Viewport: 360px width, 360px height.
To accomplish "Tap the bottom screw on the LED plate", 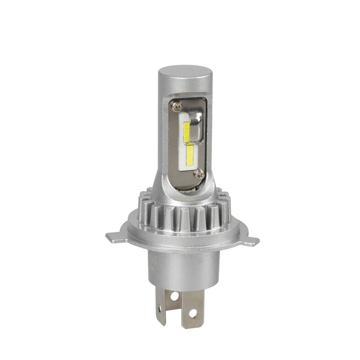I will [199, 174].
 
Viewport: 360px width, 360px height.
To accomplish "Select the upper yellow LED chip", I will [186, 131].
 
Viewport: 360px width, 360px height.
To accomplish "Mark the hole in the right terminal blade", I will [192, 313].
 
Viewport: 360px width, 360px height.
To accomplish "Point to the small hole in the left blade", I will [160, 309].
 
